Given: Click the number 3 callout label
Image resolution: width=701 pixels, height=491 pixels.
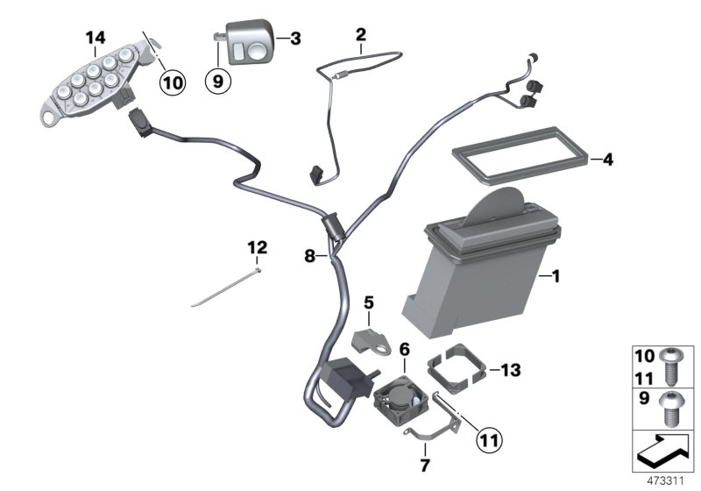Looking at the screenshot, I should (295, 39).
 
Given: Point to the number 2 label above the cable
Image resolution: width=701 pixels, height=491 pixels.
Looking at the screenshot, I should (360, 34).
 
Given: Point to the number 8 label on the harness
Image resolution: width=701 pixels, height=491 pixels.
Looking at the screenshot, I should (308, 256).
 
